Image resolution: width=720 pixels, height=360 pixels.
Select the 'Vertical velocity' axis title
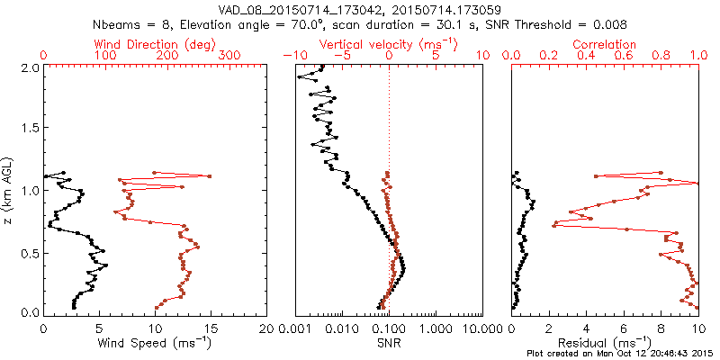389,44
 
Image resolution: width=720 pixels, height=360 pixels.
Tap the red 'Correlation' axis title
605,44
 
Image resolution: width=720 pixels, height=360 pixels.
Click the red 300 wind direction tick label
230,56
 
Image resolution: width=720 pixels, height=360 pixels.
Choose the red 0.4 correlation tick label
586,56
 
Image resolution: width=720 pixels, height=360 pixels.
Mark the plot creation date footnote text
621,354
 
